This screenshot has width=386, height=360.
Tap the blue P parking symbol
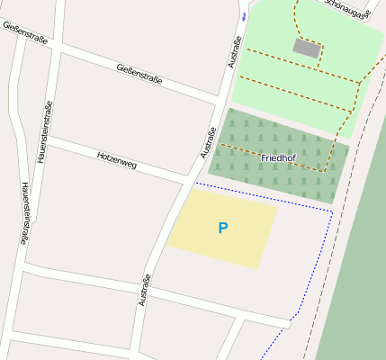pyautogui.click(x=223, y=229)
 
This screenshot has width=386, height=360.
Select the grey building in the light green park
pyautogui.click(x=306, y=48)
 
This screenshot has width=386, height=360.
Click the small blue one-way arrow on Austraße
pyautogui.click(x=244, y=16)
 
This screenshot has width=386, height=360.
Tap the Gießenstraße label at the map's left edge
pyautogui.click(x=25, y=33)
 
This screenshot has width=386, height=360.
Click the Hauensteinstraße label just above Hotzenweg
pyautogui.click(x=45, y=131)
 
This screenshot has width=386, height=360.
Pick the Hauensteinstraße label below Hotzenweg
pyautogui.click(x=27, y=212)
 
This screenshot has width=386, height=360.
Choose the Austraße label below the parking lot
pyautogui.click(x=143, y=290)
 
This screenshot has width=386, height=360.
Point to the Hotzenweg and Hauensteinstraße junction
pyautogui.click(x=45, y=140)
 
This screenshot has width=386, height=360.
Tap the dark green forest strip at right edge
pyautogui.click(x=355, y=270)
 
